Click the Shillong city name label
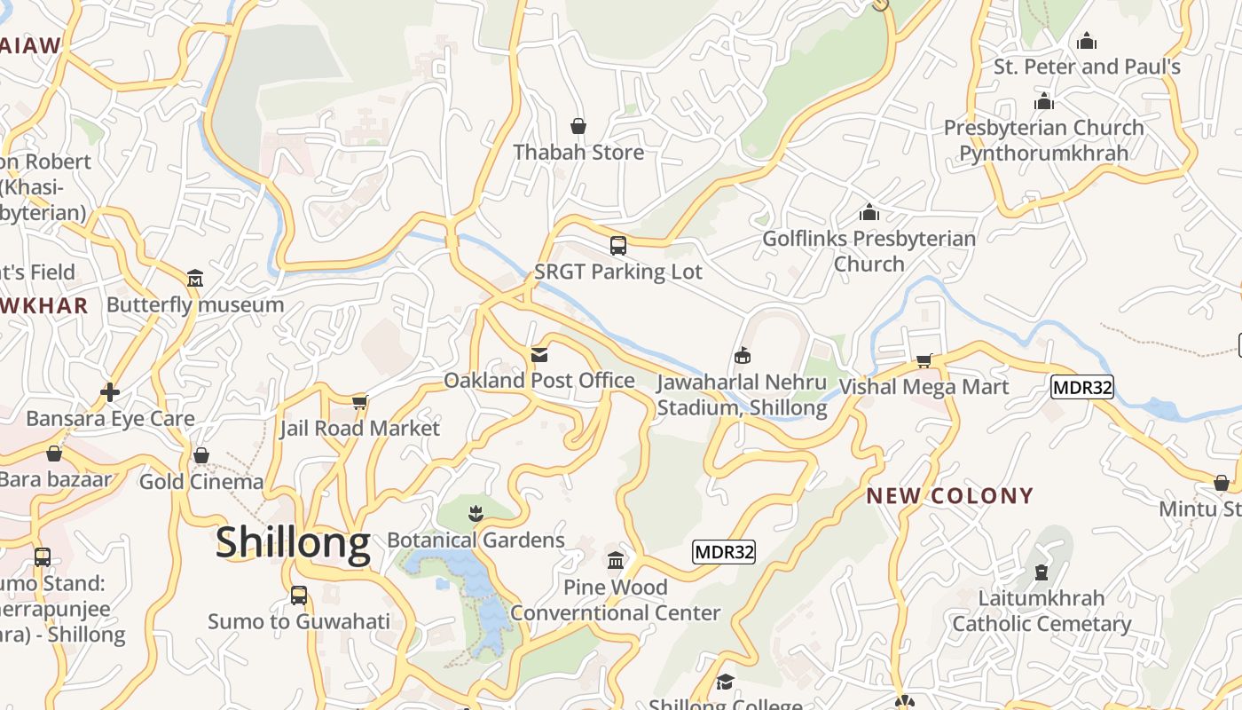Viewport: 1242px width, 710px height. [293, 542]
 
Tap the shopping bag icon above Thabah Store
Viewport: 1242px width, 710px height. [578, 126]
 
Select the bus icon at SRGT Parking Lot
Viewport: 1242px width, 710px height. [618, 246]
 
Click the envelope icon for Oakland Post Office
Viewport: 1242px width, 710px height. [539, 355]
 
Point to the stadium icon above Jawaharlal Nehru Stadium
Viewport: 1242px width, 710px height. [743, 356]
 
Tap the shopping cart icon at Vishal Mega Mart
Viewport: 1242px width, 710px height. [924, 360]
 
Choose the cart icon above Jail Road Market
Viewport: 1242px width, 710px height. [360, 403]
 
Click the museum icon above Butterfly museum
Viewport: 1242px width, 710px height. [195, 279]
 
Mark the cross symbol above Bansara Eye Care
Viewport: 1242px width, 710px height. [110, 392]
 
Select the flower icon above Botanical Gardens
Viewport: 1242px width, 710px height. [476, 513]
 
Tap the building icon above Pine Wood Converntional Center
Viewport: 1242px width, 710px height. [616, 561]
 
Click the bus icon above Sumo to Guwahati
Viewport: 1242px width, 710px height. [299, 595]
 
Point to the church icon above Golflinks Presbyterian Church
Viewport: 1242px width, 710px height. [869, 213]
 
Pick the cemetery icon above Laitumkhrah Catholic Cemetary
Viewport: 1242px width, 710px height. [1042, 572]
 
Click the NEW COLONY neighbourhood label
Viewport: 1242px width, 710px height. [950, 496]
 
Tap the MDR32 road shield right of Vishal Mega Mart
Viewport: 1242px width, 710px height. [1081, 387]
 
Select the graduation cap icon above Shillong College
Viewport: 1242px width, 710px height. [726, 682]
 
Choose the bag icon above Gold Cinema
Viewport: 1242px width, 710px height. [201, 455]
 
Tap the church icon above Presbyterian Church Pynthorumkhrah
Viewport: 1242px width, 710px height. [1044, 101]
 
